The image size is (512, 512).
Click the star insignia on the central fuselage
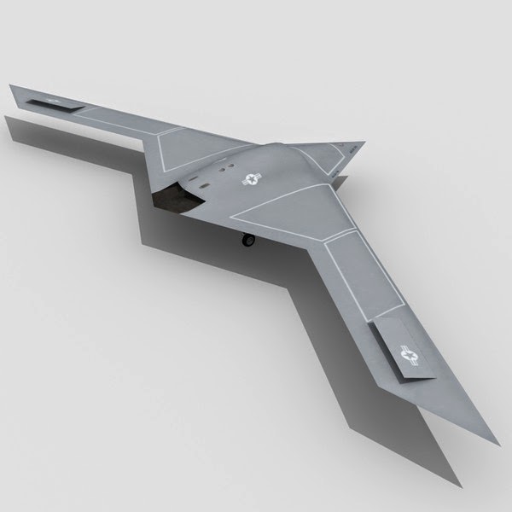[x=251, y=179]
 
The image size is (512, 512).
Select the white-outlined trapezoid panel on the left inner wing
[x=183, y=154]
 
